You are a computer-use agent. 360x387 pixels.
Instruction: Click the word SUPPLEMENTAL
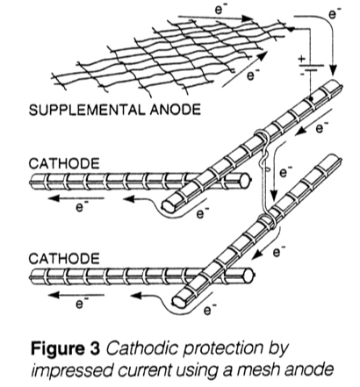87,110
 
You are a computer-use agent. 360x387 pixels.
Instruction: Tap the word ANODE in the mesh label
176,110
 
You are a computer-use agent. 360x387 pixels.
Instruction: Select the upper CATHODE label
64,163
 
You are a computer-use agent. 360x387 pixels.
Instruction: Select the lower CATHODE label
64,259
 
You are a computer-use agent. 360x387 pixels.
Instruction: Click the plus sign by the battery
301,59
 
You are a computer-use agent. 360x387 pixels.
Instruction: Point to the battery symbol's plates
311,68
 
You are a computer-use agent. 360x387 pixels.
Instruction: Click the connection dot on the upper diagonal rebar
311,99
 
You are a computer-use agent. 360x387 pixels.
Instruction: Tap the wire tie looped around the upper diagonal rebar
263,137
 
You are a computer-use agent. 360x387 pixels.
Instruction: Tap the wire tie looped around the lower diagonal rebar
268,221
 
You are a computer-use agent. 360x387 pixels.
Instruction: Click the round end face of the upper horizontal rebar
245,179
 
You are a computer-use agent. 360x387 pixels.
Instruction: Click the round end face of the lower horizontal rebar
248,275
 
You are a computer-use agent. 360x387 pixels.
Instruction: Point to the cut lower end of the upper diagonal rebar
169,206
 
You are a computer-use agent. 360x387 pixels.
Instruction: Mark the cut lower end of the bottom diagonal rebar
179,301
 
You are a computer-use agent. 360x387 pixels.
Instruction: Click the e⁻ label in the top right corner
335,12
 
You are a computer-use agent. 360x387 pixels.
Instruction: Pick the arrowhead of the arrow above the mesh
248,18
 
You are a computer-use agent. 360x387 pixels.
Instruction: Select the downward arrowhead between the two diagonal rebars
274,195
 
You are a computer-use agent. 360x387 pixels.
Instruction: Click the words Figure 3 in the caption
66,348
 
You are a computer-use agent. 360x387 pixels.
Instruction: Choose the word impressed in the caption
72,370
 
